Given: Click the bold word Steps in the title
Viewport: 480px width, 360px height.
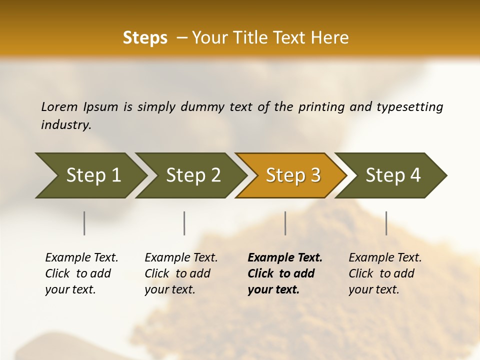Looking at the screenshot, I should tap(145, 38).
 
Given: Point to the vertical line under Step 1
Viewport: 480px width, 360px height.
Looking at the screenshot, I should tap(84, 223).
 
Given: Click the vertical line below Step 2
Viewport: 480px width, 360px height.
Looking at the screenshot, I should tap(184, 223).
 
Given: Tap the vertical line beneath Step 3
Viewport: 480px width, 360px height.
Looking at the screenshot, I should tap(285, 223).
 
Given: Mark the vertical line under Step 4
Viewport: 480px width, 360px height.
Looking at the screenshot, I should tap(386, 223).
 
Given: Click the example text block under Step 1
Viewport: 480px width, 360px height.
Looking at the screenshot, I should tap(81, 273).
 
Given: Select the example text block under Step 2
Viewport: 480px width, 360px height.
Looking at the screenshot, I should tap(181, 273).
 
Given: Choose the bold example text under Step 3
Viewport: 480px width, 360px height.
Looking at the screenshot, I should tap(284, 273).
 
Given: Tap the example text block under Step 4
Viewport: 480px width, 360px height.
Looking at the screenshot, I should tap(385, 273).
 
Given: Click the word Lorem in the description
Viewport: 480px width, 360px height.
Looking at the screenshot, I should tap(59, 106).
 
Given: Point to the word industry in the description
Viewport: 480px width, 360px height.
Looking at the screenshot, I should tap(66, 125).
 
